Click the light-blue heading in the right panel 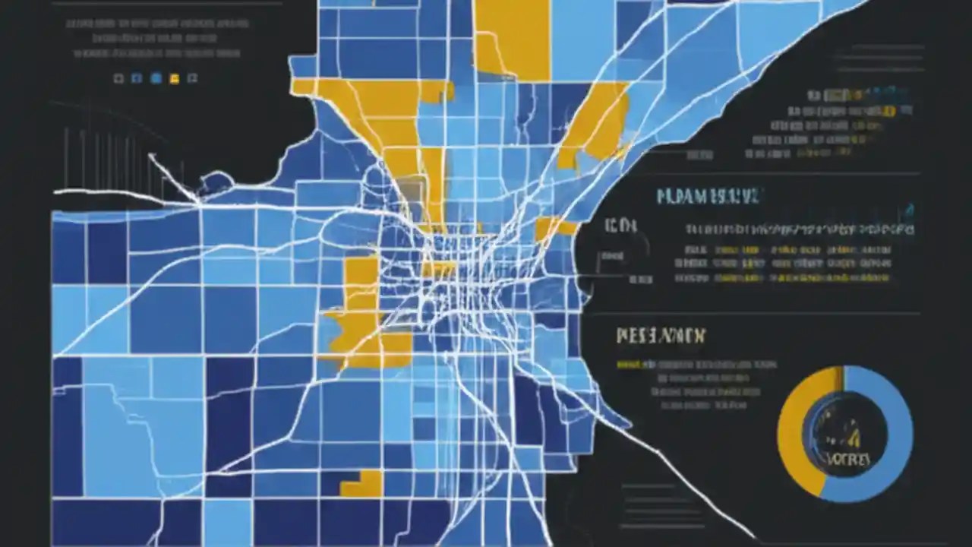pos(707,197)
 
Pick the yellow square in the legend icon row pos(174,78)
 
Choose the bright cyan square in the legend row pos(156,77)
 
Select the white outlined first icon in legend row pos(118,77)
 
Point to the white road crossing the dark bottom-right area pos(683,479)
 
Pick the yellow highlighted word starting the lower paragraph pos(628,365)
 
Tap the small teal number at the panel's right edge pos(910,207)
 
